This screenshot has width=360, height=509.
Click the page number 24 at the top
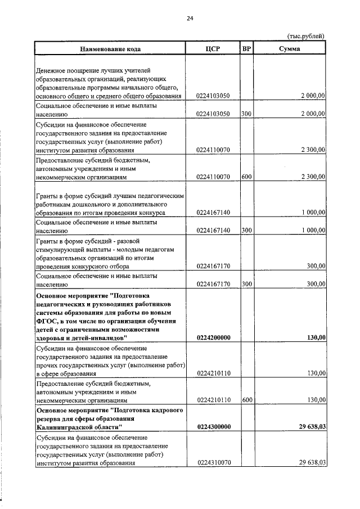click(x=190, y=19)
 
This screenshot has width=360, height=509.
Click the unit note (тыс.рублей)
click(x=306, y=37)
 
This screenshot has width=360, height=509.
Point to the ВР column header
click(x=246, y=49)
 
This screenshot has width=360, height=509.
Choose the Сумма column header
click(x=289, y=49)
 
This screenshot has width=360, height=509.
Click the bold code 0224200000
click(x=215, y=337)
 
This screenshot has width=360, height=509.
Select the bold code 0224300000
click(x=215, y=427)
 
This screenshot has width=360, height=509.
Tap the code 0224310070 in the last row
click(x=215, y=463)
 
